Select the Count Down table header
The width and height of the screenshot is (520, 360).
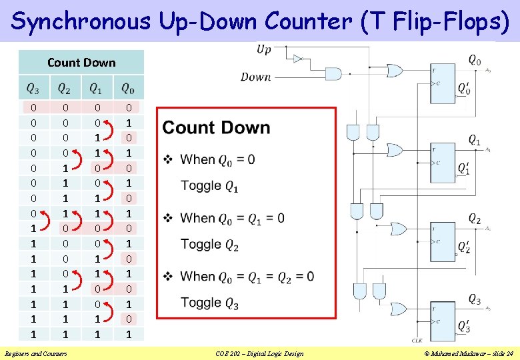click(x=81, y=63)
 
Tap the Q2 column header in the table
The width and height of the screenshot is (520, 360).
click(x=65, y=87)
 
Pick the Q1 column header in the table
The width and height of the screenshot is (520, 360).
click(x=96, y=87)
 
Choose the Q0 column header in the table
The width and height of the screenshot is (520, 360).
click(x=127, y=87)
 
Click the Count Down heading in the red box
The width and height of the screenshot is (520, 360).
click(x=216, y=127)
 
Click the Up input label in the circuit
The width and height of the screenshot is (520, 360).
click(x=264, y=50)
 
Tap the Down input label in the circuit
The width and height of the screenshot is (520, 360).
click(x=256, y=77)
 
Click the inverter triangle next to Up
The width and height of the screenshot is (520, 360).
click(x=299, y=58)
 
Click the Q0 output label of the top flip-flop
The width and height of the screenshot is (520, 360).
click(x=474, y=61)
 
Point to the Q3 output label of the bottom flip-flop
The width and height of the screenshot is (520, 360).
click(x=474, y=299)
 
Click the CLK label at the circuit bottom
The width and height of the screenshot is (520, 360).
click(x=417, y=339)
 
